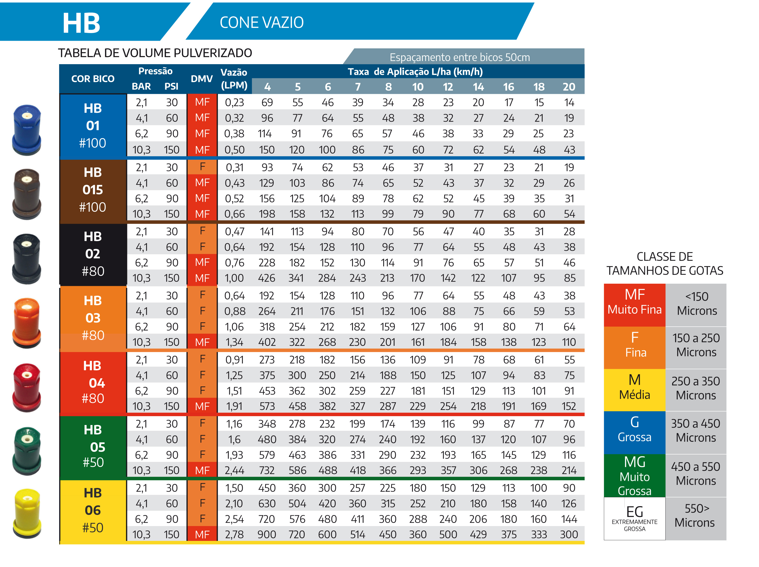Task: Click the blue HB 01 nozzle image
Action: click(x=27, y=130)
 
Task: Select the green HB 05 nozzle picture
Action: click(x=27, y=451)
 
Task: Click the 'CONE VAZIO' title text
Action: click(x=261, y=23)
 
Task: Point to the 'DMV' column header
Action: click(x=202, y=79)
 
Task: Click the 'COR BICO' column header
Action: click(x=93, y=79)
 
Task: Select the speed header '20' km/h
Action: click(x=569, y=87)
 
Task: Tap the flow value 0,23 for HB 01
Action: click(x=234, y=102)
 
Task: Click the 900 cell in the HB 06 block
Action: click(x=267, y=534)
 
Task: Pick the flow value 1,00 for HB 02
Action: click(x=234, y=278)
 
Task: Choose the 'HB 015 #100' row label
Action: click(x=93, y=190)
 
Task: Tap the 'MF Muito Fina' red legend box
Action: click(x=635, y=305)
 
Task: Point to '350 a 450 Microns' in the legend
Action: click(x=696, y=431)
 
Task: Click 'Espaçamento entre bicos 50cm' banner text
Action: click(x=460, y=57)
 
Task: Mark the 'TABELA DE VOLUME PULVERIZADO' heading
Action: click(x=155, y=53)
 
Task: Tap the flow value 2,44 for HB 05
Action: click(x=234, y=470)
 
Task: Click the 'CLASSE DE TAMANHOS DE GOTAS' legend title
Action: click(x=665, y=264)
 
